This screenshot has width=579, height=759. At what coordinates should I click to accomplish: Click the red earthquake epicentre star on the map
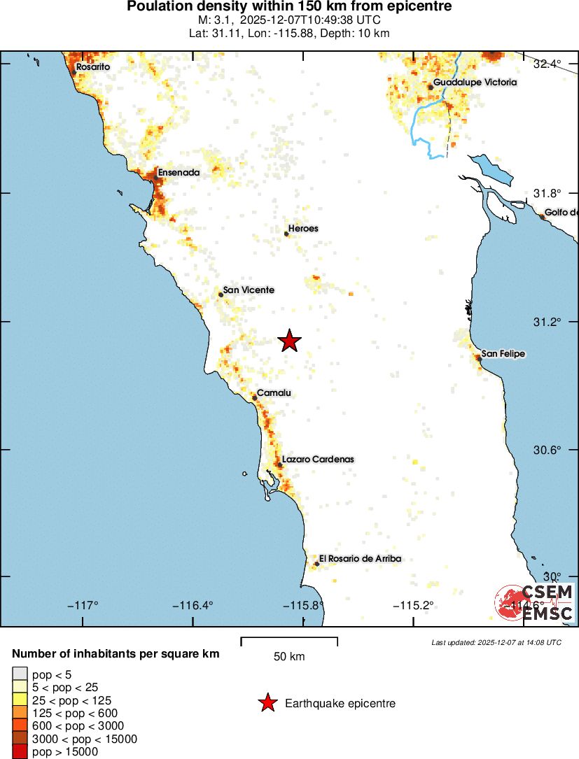[x=290, y=341]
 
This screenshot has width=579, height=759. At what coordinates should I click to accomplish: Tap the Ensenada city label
[x=179, y=172]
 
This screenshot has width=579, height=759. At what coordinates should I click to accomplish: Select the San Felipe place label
[x=503, y=354]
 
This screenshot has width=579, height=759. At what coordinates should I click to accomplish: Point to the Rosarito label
[x=93, y=67]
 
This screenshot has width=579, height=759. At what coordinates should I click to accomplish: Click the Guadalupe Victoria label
[x=475, y=83]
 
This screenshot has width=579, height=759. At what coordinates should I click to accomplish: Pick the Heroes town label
[x=303, y=229]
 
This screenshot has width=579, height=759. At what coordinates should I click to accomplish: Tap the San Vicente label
[x=249, y=290]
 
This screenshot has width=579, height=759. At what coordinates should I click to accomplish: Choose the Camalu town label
[x=274, y=393]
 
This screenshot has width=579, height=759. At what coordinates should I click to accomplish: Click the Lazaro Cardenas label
[x=318, y=460]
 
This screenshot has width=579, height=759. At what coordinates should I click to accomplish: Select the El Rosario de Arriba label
[x=360, y=558]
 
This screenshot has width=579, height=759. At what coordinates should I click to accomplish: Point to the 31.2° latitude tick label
[x=547, y=322]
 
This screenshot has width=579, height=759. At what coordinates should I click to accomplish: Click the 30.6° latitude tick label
[x=547, y=450]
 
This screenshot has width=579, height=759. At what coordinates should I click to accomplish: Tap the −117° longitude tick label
[x=82, y=605]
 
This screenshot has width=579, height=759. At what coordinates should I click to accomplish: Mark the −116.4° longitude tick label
[x=193, y=605]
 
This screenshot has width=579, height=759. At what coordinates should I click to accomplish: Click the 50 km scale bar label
[x=288, y=657]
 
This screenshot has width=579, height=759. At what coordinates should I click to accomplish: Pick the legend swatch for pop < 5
[x=20, y=674]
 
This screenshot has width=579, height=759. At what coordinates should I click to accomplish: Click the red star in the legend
[x=267, y=704]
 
